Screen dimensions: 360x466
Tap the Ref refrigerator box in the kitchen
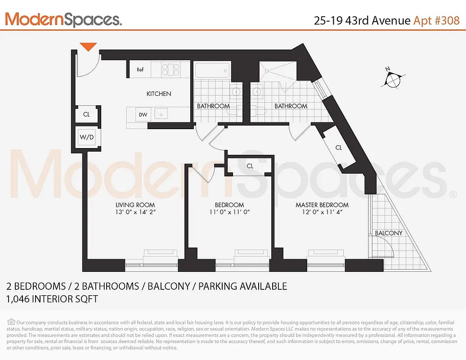(x=140, y=69)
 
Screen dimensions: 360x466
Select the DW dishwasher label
(x=143, y=115)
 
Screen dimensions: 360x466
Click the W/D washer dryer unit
(x=86, y=137)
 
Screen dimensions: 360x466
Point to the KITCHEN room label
(x=159, y=94)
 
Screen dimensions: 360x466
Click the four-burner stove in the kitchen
(x=171, y=69)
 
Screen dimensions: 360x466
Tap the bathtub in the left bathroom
(x=212, y=71)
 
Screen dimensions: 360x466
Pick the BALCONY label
(x=389, y=233)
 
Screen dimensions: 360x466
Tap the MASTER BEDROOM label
(x=322, y=205)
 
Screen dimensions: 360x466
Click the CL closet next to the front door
(x=86, y=114)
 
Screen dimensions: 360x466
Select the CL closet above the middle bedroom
(x=250, y=166)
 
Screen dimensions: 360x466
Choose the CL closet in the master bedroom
(x=339, y=148)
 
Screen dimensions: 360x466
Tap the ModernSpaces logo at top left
(x=63, y=19)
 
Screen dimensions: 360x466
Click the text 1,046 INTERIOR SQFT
(x=52, y=299)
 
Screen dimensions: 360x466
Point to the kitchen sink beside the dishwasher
(x=161, y=114)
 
